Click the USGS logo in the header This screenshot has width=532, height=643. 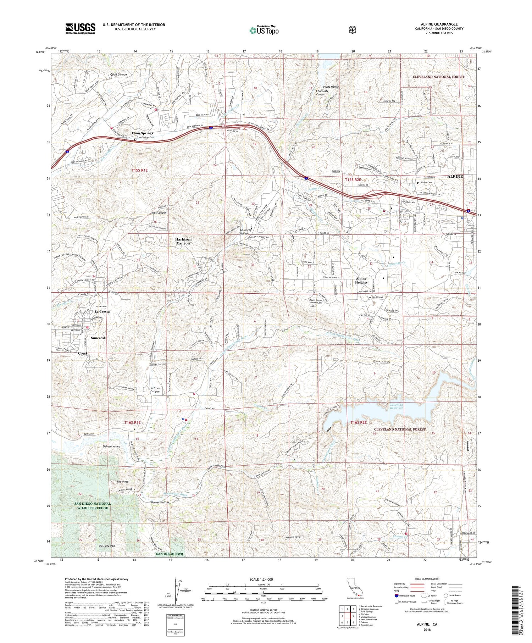[x=80, y=28]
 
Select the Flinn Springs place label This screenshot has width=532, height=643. [x=142, y=133]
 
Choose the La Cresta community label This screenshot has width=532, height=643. [x=102, y=311]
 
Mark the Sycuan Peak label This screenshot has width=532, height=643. [x=293, y=537]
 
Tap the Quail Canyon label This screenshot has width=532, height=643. [x=118, y=74]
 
